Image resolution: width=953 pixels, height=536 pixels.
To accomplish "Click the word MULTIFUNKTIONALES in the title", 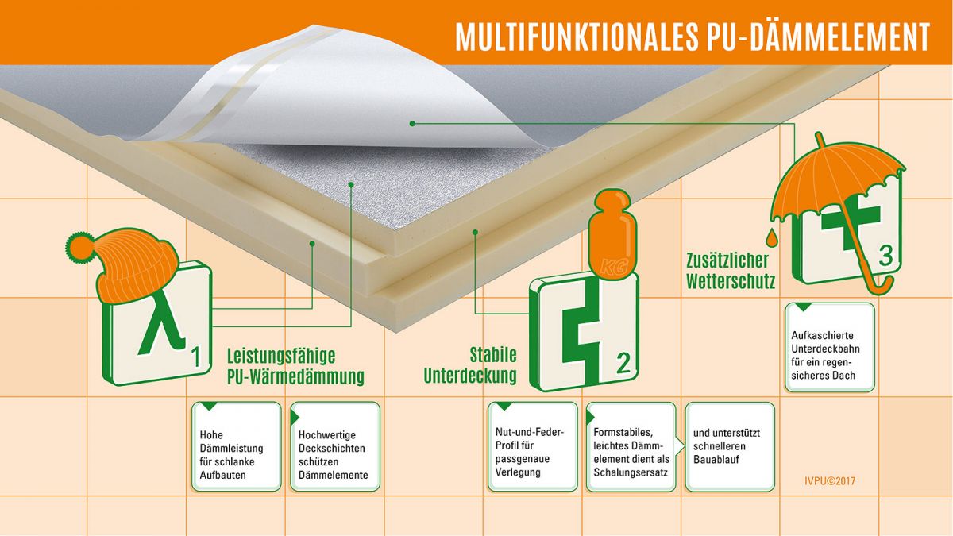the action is (x=577, y=37).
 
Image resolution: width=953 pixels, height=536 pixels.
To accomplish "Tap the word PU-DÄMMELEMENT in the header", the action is (x=820, y=37).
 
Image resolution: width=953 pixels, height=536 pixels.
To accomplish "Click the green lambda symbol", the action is (x=162, y=322).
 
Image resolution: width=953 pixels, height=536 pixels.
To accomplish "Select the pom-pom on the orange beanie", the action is (x=79, y=247).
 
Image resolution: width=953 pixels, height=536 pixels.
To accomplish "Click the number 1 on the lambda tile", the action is (x=195, y=357).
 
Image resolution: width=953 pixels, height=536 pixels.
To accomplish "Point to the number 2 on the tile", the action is (x=623, y=364).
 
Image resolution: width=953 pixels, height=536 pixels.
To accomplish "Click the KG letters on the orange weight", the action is (x=613, y=268).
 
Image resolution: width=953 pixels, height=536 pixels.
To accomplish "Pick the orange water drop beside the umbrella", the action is (x=771, y=237).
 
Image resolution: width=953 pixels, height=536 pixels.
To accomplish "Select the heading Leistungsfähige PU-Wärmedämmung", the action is (x=295, y=366).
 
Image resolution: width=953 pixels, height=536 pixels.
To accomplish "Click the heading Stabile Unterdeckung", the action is (x=470, y=365).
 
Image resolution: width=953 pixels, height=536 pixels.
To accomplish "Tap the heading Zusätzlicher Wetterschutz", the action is (x=731, y=271).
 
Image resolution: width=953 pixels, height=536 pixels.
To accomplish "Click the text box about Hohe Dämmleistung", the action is (x=237, y=446).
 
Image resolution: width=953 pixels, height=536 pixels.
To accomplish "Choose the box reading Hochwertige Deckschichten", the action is (x=335, y=446).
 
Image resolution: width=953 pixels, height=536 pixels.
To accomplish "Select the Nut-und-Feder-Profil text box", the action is (x=533, y=446).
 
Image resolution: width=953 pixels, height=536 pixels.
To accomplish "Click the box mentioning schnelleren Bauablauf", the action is (x=730, y=446).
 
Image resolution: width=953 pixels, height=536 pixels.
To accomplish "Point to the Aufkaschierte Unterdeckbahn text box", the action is (x=830, y=347).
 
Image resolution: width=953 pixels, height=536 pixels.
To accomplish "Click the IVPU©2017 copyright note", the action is (x=830, y=481).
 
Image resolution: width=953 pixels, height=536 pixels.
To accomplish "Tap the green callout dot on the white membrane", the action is (x=412, y=124).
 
